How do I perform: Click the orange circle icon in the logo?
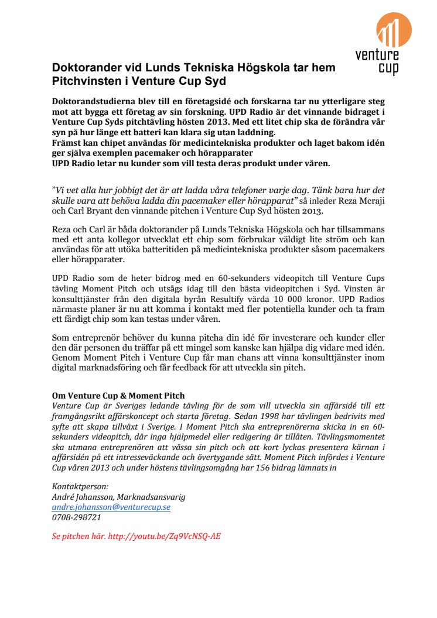click(393, 30)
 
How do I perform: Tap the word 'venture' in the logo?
click(377, 56)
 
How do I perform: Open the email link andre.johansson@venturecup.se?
click(111, 507)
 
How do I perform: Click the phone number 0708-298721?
click(77, 517)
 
